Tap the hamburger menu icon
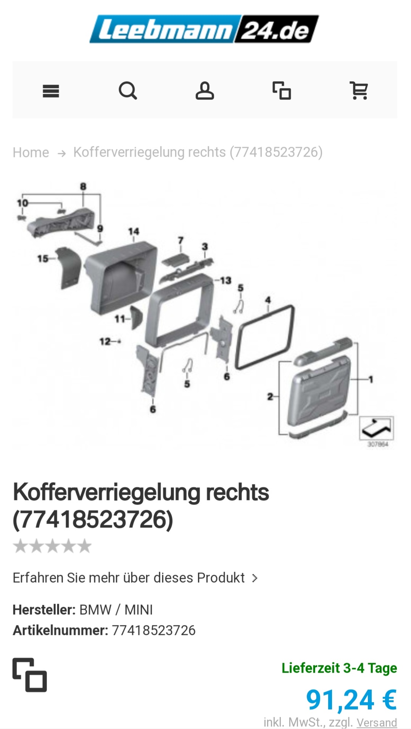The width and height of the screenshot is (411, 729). pos(51,91)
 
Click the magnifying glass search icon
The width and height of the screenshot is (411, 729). pos(128,91)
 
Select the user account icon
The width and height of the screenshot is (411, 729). pos(205,91)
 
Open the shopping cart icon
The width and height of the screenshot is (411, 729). pos(359,91)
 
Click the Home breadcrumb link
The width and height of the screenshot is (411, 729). pos(31,152)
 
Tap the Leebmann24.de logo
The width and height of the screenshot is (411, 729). pos(204,29)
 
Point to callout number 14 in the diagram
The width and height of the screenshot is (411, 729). pos(134,231)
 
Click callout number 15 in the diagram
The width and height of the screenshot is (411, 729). pos(42,259)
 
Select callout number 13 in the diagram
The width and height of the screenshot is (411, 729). pos(226,280)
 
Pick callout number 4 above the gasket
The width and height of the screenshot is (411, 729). pos(268,300)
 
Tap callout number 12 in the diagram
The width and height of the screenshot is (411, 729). pos(105,341)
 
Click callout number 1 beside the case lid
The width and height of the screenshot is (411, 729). pos(370,379)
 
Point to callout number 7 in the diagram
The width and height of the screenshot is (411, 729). pos(181,240)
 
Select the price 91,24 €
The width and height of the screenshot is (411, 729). pos(351,700)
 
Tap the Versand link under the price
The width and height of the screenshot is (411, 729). pos(377,723)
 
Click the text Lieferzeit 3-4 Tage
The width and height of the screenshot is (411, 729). pos(339,668)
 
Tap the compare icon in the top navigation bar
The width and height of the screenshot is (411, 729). pos(282,91)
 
